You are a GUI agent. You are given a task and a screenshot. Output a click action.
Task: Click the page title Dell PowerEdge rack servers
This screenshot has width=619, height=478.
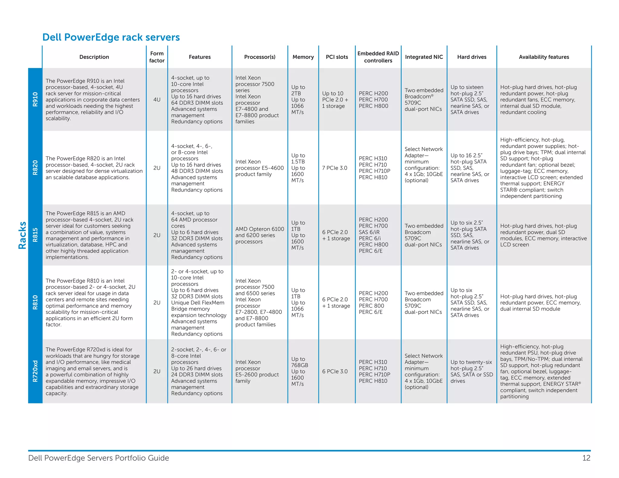[111, 37]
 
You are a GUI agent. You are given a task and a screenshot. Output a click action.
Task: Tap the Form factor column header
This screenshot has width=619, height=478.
[157, 57]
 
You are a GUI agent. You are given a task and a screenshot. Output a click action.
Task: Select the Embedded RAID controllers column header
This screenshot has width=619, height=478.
[378, 57]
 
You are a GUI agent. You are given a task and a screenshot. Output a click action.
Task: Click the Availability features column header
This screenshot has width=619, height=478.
[544, 57]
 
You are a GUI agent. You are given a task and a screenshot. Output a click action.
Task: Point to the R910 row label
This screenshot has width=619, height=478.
[35, 99]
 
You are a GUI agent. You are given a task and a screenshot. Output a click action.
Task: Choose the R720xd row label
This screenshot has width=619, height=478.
[35, 371]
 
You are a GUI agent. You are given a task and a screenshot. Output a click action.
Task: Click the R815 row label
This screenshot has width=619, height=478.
[35, 235]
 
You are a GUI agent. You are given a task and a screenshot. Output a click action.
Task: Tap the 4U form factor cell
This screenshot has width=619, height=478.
[157, 99]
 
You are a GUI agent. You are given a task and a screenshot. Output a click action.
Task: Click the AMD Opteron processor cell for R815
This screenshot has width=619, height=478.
[260, 235]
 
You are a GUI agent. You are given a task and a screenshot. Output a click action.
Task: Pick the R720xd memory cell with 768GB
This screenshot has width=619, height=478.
[299, 371]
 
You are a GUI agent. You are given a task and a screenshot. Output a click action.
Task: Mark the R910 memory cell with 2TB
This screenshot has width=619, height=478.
[298, 99]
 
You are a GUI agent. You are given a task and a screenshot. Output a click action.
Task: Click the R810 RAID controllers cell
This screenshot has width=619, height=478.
[373, 302]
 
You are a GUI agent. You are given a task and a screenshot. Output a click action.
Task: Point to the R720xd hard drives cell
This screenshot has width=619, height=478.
[472, 371]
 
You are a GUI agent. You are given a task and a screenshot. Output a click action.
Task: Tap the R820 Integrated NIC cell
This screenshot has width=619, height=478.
[423, 165]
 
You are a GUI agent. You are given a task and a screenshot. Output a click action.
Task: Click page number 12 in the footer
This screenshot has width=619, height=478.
[586, 458]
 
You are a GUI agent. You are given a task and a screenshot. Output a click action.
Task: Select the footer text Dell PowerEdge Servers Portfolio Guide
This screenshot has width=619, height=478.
[99, 458]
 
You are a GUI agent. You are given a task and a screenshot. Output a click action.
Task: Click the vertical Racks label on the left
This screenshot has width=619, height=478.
[22, 235]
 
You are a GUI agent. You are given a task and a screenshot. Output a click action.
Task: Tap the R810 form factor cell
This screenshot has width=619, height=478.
[157, 302]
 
